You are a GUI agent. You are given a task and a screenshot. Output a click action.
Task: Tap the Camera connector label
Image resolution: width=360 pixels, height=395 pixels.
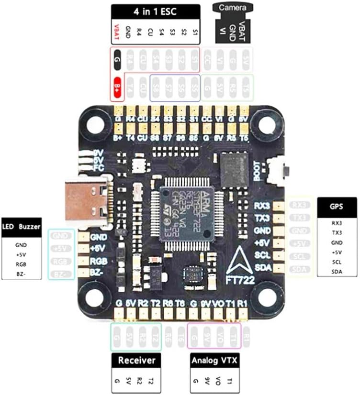(233, 8)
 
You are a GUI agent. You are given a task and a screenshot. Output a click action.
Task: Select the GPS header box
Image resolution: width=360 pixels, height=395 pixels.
(337, 208)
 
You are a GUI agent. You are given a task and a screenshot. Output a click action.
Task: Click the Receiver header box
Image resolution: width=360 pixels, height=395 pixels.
(136, 360)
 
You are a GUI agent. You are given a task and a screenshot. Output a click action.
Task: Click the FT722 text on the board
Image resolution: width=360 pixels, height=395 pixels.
(241, 278)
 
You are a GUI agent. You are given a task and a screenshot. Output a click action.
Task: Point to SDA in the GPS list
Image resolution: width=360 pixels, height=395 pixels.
(337, 272)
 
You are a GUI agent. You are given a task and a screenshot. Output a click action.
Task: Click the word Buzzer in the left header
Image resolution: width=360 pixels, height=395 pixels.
(30, 227)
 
